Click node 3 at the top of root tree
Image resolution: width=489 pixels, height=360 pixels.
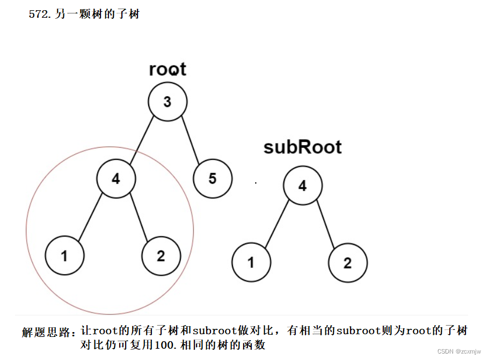167,102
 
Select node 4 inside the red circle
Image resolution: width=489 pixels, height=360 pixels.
116,179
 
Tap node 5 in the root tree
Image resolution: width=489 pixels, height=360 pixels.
213,178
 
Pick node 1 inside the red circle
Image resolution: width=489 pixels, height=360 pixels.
64,256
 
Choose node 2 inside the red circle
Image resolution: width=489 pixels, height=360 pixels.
161,256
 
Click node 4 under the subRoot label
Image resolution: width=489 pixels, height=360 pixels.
303,186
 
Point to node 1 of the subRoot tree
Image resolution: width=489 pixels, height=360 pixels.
251,263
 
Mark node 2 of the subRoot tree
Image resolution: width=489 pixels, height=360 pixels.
348,263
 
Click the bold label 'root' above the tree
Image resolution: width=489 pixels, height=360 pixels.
167,69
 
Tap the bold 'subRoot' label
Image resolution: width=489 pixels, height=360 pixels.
303,147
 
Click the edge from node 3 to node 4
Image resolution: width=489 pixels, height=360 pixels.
142,140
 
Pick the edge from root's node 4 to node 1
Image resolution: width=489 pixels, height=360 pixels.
90,218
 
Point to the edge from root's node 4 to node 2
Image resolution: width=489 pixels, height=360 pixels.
138,218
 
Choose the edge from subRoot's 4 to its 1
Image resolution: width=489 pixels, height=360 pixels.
277,225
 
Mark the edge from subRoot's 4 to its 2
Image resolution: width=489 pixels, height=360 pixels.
325,225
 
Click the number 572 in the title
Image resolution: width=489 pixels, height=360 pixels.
39,15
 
